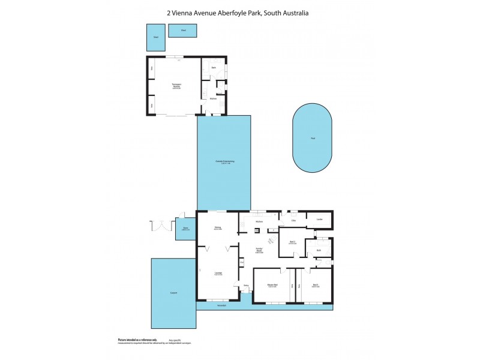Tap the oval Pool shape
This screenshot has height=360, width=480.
point(312,138)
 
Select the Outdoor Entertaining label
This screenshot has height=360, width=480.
point(224,162)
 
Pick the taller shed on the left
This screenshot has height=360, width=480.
point(155,37)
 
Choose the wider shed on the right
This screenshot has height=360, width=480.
point(183,30)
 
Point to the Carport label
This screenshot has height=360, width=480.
point(173,293)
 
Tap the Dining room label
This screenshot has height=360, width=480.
point(218,228)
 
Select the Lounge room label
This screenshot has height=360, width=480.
point(218,274)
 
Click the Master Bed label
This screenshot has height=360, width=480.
point(272,285)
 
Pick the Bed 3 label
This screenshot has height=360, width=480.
point(315,285)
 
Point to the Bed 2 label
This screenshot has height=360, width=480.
point(292,242)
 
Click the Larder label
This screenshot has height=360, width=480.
point(319,220)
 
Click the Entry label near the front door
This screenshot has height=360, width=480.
point(246,286)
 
